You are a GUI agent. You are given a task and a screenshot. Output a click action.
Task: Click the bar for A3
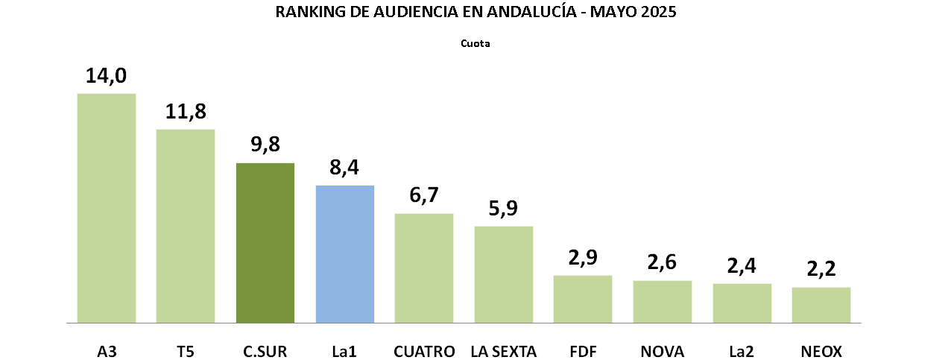[107, 208]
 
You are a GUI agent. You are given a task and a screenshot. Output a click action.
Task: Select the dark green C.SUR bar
[265, 243]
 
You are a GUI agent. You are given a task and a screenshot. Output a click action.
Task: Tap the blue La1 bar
[345, 254]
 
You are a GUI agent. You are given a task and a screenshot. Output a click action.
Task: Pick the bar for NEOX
[821, 305]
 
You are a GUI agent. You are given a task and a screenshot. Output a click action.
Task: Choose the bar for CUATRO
[424, 268]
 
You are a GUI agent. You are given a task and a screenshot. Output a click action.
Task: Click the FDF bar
[583, 299]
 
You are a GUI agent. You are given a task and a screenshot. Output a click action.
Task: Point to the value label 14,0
[107, 76]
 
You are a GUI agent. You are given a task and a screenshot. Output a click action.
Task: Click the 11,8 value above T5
[186, 112]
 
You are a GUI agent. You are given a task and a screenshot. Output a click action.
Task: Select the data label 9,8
[265, 145]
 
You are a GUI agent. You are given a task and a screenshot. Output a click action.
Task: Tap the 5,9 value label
[504, 209]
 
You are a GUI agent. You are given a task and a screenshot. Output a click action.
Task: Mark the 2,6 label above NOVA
[663, 263]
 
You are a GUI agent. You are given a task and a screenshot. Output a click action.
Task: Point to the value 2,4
[742, 266]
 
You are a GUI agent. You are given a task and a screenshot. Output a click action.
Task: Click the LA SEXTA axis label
[504, 351]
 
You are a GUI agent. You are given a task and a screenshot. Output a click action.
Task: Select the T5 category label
[186, 351]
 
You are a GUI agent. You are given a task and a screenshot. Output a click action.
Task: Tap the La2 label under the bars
[742, 351]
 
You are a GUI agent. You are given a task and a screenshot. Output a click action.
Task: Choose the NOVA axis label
[663, 351]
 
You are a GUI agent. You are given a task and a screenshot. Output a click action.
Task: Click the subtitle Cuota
[475, 43]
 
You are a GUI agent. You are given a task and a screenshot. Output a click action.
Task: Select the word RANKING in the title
[306, 12]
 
